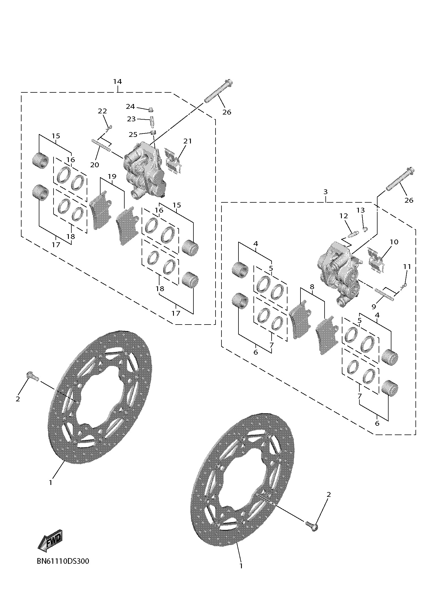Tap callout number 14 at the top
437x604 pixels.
(x=117, y=82)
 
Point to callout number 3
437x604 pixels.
(x=325, y=192)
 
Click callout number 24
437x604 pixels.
(x=130, y=107)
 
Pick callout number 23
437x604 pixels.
(x=131, y=119)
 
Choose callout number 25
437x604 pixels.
(x=133, y=134)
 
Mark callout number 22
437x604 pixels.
(x=102, y=111)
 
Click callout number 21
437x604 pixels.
(x=187, y=141)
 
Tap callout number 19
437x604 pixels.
(x=112, y=177)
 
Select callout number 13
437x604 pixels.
(x=361, y=210)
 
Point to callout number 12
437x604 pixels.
(x=343, y=216)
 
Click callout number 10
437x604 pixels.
(x=394, y=242)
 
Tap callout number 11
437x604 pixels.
(x=407, y=266)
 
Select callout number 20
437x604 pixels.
(x=95, y=165)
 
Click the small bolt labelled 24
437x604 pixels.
(x=151, y=109)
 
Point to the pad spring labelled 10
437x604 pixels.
(x=375, y=260)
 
